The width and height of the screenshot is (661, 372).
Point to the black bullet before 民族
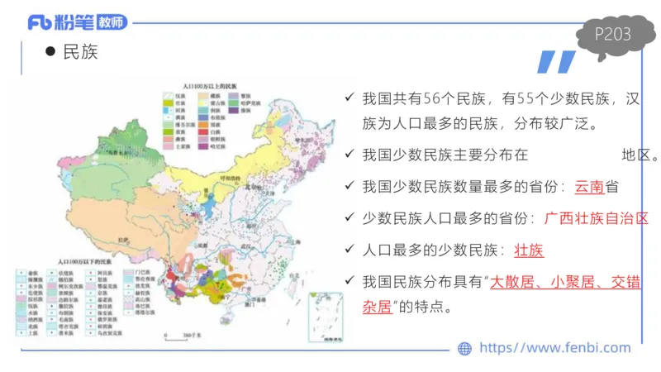pyautogui.click(x=50, y=51)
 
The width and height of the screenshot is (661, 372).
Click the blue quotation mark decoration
pyautogui.click(x=554, y=63)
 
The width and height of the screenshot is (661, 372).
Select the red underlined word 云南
pyautogui.click(x=589, y=186)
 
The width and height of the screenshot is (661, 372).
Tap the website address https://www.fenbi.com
pyautogui.click(x=555, y=348)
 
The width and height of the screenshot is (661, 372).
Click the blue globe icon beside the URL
pyautogui.click(x=464, y=349)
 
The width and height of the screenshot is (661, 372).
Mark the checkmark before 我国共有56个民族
pyautogui.click(x=350, y=99)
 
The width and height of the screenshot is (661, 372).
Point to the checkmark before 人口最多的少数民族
pyautogui.click(x=350, y=250)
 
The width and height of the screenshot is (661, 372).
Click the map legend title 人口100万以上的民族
pyautogui.click(x=210, y=85)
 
